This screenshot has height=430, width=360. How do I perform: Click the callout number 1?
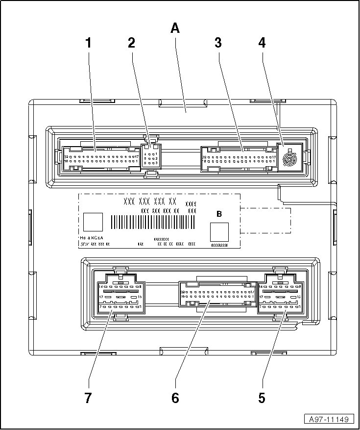point(89,43)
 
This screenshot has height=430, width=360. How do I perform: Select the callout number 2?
point(131,43)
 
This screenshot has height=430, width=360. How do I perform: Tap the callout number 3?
point(218,43)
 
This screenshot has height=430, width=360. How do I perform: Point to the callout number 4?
point(262,43)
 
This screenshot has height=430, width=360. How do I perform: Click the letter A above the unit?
point(175,28)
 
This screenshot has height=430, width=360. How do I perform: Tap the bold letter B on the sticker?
point(219,214)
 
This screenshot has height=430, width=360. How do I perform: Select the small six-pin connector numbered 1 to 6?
point(151,158)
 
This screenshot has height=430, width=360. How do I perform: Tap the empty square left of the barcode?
point(93,222)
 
